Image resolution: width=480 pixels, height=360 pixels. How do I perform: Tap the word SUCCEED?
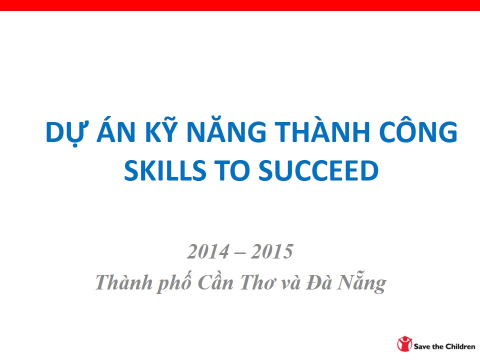pos(318,170)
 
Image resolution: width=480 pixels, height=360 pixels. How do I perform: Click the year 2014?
pos(208,251)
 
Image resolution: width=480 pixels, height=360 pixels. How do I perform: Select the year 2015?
pos(272,251)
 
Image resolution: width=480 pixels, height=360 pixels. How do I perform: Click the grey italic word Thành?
pos(124,281)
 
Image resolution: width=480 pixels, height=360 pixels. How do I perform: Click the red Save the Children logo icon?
pos(404,344)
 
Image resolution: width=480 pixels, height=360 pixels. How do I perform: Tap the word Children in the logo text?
pos(460,346)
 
